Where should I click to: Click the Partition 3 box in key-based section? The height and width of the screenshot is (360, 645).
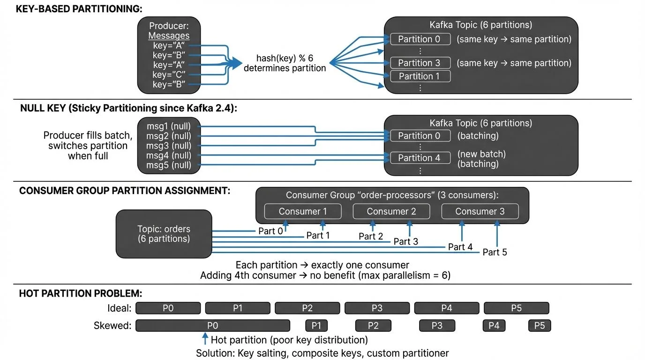click(420, 63)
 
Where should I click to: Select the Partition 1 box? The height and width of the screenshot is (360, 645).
click(420, 76)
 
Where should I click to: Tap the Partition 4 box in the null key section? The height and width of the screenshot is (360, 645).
click(420, 158)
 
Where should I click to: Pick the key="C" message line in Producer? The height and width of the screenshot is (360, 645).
click(169, 75)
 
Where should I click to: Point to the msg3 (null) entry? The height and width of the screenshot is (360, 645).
click(169, 145)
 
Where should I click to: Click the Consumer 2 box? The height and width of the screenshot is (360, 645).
click(391, 211)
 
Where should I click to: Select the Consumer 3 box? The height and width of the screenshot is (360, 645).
click(480, 211)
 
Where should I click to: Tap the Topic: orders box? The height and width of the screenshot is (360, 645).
click(164, 234)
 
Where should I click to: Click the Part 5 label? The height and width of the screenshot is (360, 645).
click(495, 252)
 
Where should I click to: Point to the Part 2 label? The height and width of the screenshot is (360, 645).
click(371, 237)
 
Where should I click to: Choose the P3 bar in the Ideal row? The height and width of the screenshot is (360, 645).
click(377, 308)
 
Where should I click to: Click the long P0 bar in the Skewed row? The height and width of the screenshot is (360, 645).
click(212, 325)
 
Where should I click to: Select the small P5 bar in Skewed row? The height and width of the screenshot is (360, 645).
click(539, 325)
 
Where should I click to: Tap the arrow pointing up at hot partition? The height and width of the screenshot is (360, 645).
click(204, 339)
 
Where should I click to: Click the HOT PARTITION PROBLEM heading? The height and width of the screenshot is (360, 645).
click(80, 294)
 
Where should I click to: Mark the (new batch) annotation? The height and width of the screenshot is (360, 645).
click(481, 154)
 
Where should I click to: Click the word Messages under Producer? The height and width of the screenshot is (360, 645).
click(169, 36)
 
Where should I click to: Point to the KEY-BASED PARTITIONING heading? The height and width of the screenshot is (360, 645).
click(79, 9)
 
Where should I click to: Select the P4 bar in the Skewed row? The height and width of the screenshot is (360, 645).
click(494, 325)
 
